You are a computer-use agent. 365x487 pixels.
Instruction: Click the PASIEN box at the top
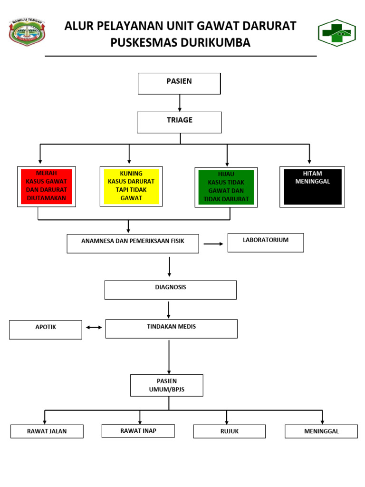(x=179, y=83)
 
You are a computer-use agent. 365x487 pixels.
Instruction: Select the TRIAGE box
(x=179, y=122)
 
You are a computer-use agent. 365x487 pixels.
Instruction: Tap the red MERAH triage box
(x=46, y=186)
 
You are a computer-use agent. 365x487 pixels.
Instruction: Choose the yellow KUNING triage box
(x=131, y=186)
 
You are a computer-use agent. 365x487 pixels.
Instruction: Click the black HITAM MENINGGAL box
(x=312, y=187)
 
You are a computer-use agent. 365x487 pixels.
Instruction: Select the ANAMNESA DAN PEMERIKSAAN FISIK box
(x=133, y=243)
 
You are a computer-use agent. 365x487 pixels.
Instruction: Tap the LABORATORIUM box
(x=266, y=243)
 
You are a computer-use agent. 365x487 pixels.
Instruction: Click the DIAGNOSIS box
(x=170, y=290)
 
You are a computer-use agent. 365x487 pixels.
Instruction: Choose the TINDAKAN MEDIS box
(x=171, y=329)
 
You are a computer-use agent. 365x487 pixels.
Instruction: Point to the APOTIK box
(x=46, y=330)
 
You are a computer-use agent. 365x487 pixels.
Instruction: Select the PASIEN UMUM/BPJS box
(x=167, y=385)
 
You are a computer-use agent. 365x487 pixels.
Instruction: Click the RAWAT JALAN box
(x=47, y=431)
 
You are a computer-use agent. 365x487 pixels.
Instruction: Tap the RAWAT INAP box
(x=138, y=431)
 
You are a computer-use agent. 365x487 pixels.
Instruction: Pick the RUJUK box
(x=229, y=431)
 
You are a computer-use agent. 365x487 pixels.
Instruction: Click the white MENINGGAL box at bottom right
(x=321, y=431)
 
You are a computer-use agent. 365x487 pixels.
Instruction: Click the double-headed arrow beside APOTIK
(x=94, y=327)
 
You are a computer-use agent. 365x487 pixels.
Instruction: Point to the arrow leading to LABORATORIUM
(x=213, y=244)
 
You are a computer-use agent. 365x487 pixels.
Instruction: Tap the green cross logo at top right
(x=336, y=33)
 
